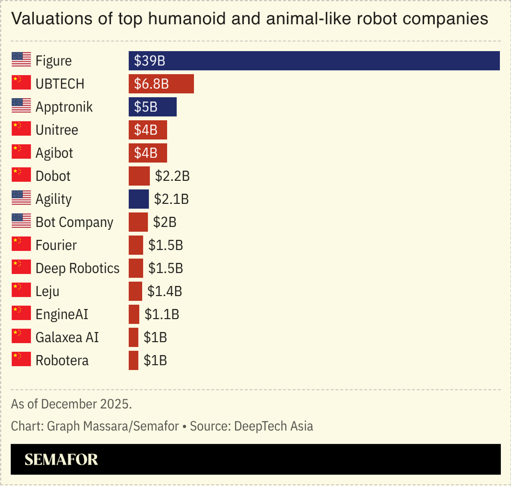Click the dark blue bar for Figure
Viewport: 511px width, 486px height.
tap(314, 61)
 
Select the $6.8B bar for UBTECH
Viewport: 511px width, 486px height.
tap(161, 84)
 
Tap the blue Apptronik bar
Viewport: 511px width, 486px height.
tap(153, 107)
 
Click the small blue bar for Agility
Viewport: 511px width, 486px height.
tap(139, 199)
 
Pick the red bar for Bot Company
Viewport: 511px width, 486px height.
tap(138, 222)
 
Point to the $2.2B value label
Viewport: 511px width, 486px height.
tap(172, 176)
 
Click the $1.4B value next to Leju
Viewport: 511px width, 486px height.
tap(165, 291)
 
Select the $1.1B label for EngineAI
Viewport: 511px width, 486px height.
tap(162, 315)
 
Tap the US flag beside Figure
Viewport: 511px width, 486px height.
tap(21, 60)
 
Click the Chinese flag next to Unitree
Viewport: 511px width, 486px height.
tap(21, 129)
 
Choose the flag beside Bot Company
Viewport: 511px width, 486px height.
tap(21, 221)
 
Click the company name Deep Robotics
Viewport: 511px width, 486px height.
tap(78, 268)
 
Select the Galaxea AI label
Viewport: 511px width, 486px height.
tap(67, 338)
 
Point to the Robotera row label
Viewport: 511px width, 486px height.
tap(62, 361)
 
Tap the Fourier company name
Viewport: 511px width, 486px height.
tap(56, 245)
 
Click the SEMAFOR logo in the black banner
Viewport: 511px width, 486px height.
tap(61, 459)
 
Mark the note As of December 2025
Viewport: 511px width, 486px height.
tap(71, 404)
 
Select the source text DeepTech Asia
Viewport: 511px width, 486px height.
tap(273, 426)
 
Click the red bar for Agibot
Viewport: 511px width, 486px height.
tap(148, 153)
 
